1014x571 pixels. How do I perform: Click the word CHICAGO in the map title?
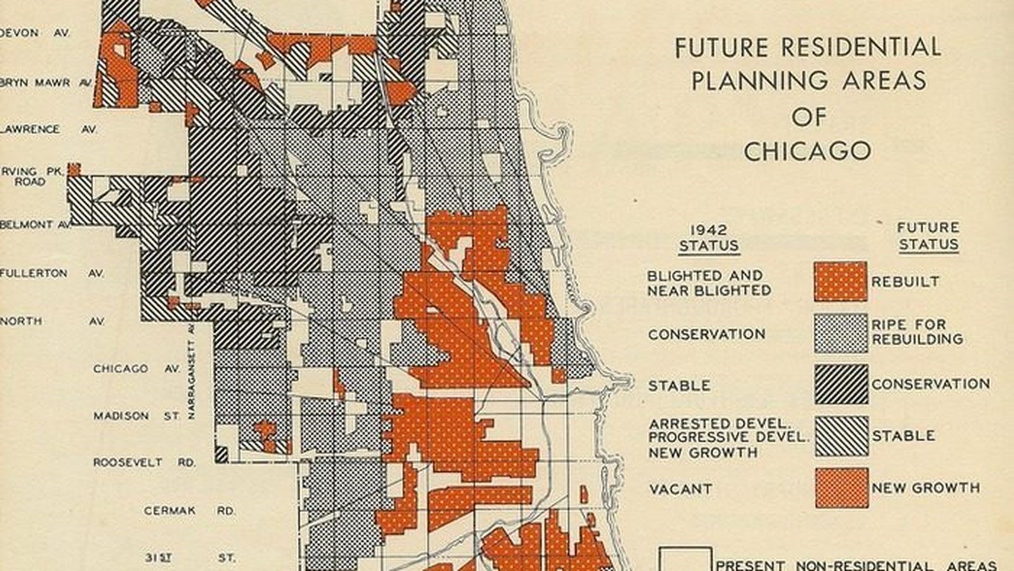pyautogui.click(x=807, y=152)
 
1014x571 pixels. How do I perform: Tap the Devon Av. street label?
pyautogui.click(x=35, y=33)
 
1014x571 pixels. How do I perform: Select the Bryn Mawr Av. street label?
pyautogui.click(x=44, y=82)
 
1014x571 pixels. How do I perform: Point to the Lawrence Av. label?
pyautogui.click(x=48, y=129)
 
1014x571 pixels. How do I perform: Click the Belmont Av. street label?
pyautogui.click(x=35, y=225)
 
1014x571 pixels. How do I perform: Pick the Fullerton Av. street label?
pyautogui.click(x=51, y=273)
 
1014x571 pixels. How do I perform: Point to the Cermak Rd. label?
pyautogui.click(x=189, y=511)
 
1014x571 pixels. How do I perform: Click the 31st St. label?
pyautogui.click(x=189, y=558)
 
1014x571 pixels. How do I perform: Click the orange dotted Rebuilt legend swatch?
pyautogui.click(x=840, y=282)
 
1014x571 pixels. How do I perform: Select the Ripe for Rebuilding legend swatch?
pyautogui.click(x=840, y=333)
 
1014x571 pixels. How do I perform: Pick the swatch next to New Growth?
pyautogui.click(x=841, y=488)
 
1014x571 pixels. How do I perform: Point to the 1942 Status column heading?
pyautogui.click(x=709, y=239)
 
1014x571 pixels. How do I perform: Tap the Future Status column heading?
pyautogui.click(x=928, y=236)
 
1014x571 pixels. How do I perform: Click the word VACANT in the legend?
pyautogui.click(x=680, y=489)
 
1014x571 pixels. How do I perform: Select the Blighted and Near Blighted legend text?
pyautogui.click(x=709, y=284)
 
